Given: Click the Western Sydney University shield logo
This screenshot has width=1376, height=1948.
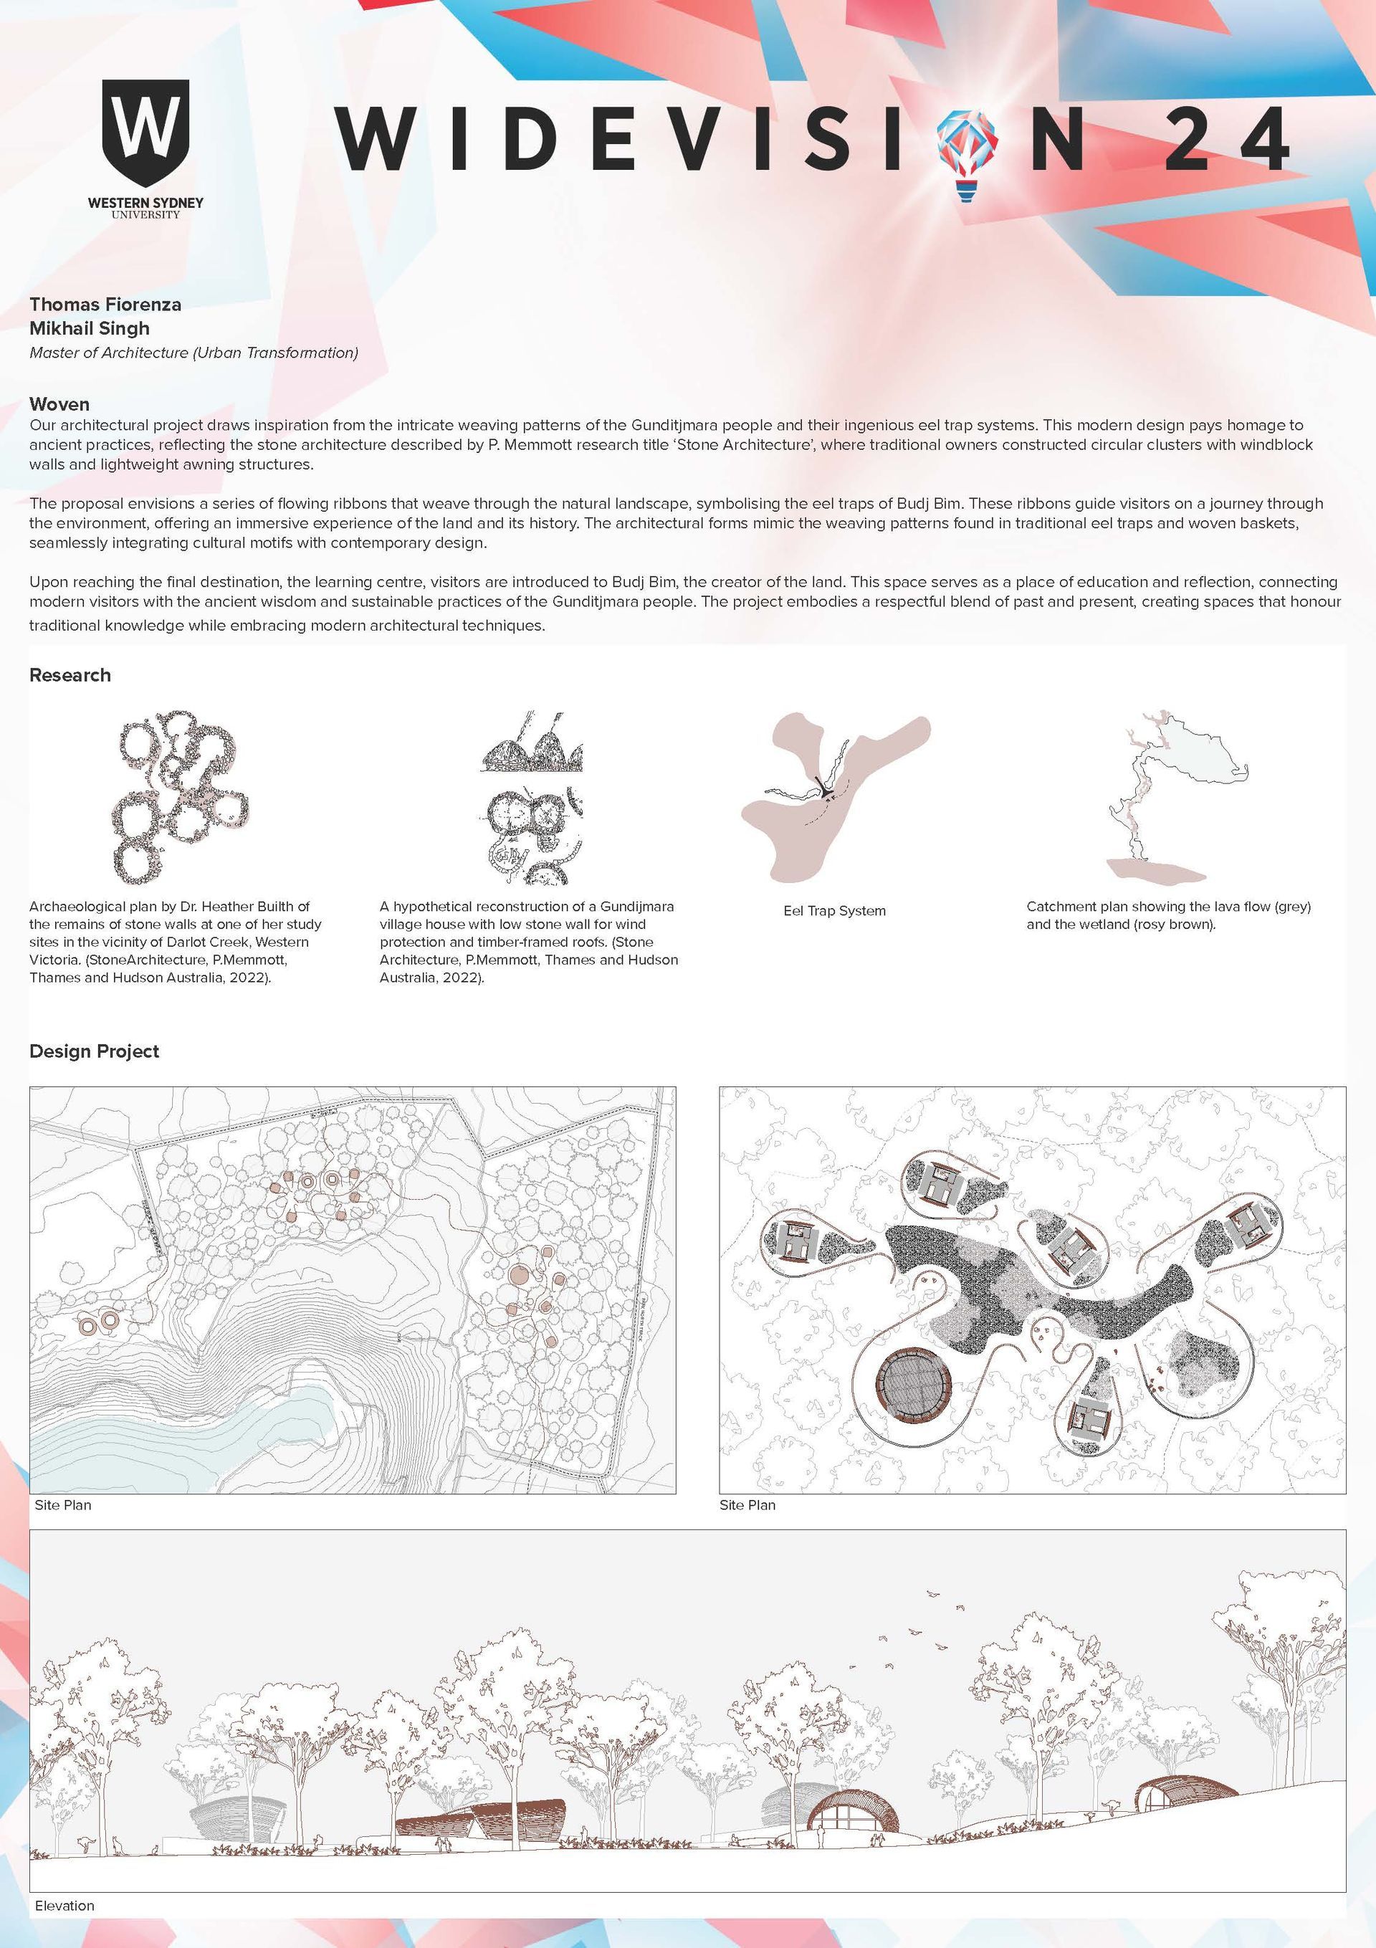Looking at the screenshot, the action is (145, 133).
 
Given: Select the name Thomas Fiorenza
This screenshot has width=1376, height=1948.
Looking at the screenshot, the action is (105, 304).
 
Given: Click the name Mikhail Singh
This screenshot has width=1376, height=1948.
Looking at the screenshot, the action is (89, 328).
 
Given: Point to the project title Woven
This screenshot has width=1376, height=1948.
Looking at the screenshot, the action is (59, 404).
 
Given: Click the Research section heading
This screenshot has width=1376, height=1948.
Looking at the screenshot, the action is (70, 674).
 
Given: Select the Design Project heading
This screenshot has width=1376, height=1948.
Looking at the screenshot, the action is (94, 1051).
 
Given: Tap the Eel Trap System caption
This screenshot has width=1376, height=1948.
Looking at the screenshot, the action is (834, 910).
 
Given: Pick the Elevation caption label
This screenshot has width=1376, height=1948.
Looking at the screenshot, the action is (64, 1899).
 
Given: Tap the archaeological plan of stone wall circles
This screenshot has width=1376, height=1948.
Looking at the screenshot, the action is (180, 796).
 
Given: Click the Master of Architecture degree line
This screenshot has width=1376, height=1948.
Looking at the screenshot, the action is (193, 353).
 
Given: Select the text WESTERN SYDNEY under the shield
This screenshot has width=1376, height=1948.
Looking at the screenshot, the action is (146, 204).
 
